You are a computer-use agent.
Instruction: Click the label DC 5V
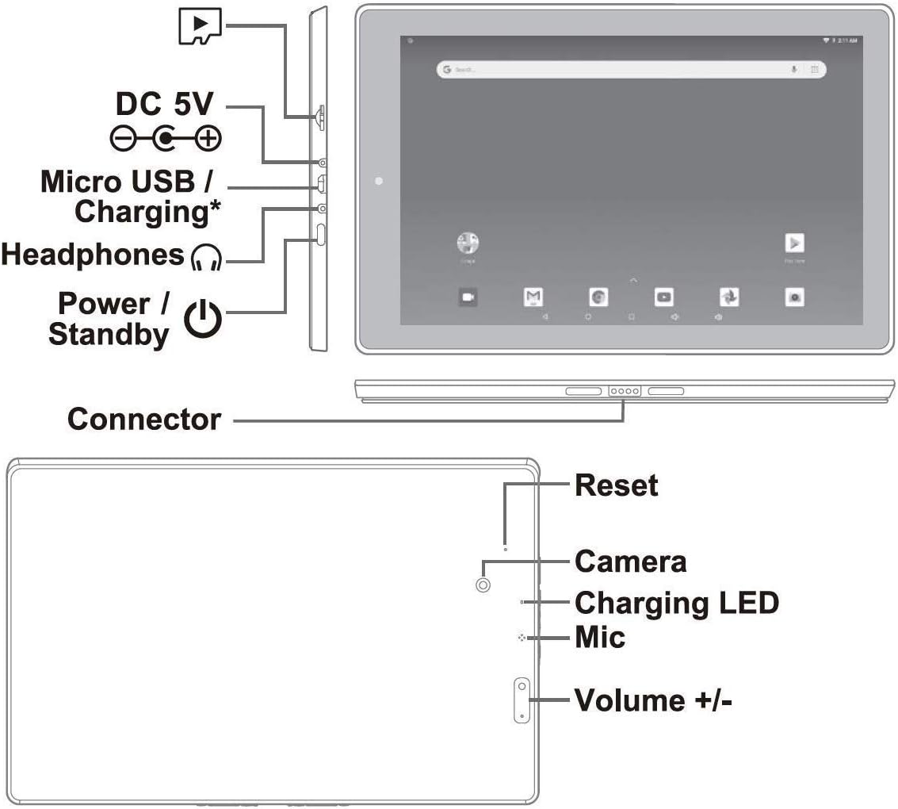165,104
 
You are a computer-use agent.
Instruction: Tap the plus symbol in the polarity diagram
208,140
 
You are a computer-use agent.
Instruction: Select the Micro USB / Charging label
127,197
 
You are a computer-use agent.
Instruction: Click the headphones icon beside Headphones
208,256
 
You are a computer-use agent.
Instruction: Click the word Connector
144,419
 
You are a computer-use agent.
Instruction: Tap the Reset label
616,485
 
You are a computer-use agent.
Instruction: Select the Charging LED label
676,603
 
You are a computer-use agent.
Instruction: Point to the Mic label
599,637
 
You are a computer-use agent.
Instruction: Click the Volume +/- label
652,700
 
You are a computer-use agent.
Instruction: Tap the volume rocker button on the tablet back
522,700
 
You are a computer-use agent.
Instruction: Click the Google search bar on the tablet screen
630,70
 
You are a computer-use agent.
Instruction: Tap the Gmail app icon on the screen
533,297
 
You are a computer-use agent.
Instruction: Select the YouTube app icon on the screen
663,297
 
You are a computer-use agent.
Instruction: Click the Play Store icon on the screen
793,243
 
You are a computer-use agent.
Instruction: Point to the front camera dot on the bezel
379,182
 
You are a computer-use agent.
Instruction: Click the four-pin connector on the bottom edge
624,391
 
